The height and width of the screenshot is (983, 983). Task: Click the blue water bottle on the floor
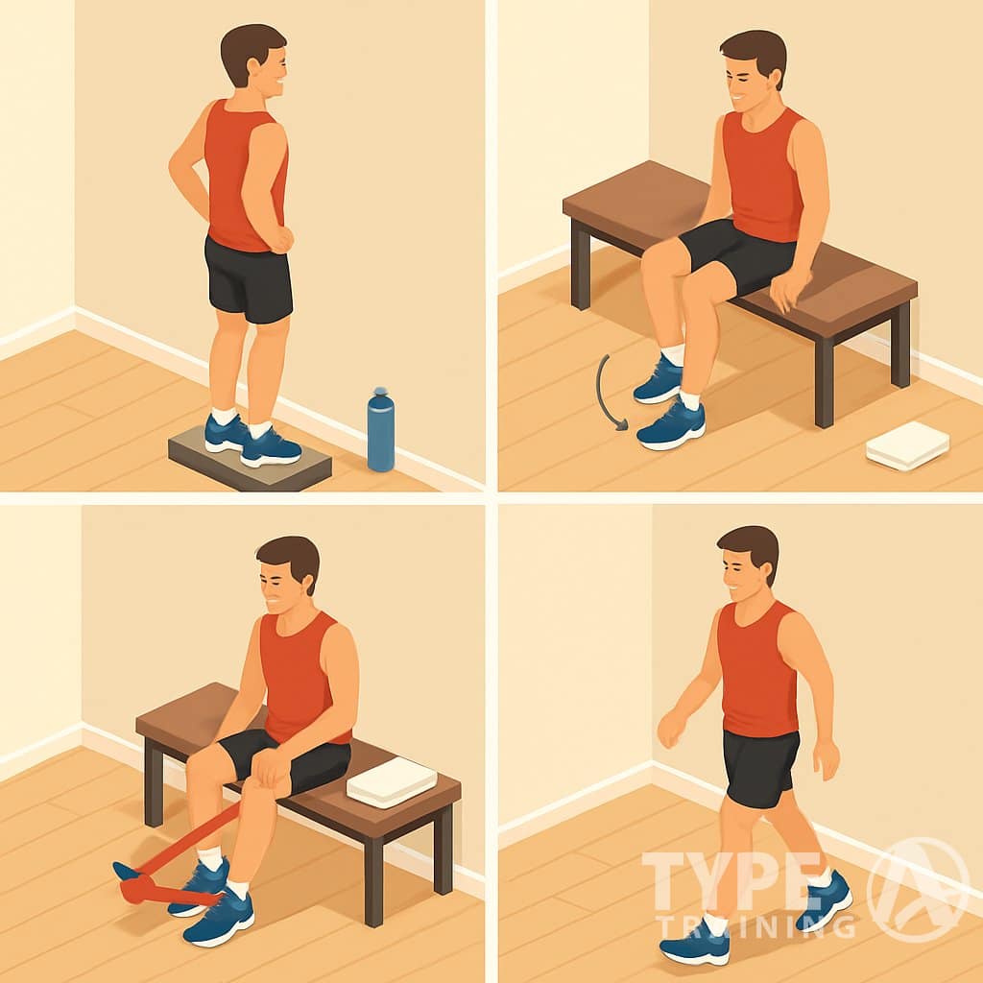[380, 434]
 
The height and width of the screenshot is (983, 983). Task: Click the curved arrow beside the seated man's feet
[605, 392]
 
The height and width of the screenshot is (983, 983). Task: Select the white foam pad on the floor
[907, 445]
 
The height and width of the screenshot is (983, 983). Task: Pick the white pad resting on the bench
[391, 781]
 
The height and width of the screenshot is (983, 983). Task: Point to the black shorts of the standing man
[249, 279]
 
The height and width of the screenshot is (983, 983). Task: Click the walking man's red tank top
[757, 671]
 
